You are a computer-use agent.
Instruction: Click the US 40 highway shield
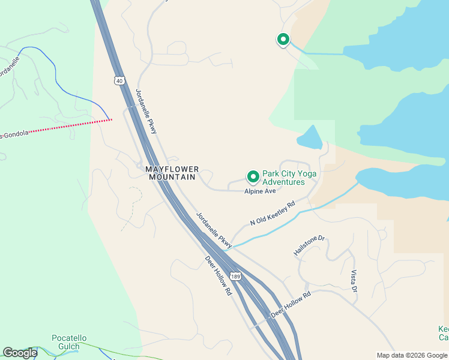coord(120,80)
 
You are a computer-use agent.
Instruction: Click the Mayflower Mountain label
coord(172,173)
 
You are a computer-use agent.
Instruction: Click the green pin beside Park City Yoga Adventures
coord(253,176)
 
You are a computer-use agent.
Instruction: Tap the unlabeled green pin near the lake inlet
coord(283,40)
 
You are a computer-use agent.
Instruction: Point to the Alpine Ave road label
coord(259,191)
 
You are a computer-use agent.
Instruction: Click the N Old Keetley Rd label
coord(273,213)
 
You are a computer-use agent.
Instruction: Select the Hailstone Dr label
coord(309,246)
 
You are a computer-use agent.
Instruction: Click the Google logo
coord(20,353)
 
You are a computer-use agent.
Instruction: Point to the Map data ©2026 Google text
coord(412,355)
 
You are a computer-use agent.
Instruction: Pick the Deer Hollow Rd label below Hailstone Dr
coord(291,305)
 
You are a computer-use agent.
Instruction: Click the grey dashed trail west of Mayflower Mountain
coord(133,207)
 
